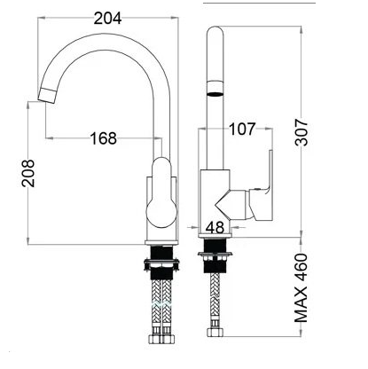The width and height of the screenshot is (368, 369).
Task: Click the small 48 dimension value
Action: (x=214, y=227)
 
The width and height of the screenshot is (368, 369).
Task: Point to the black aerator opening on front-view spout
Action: (x=214, y=91)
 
